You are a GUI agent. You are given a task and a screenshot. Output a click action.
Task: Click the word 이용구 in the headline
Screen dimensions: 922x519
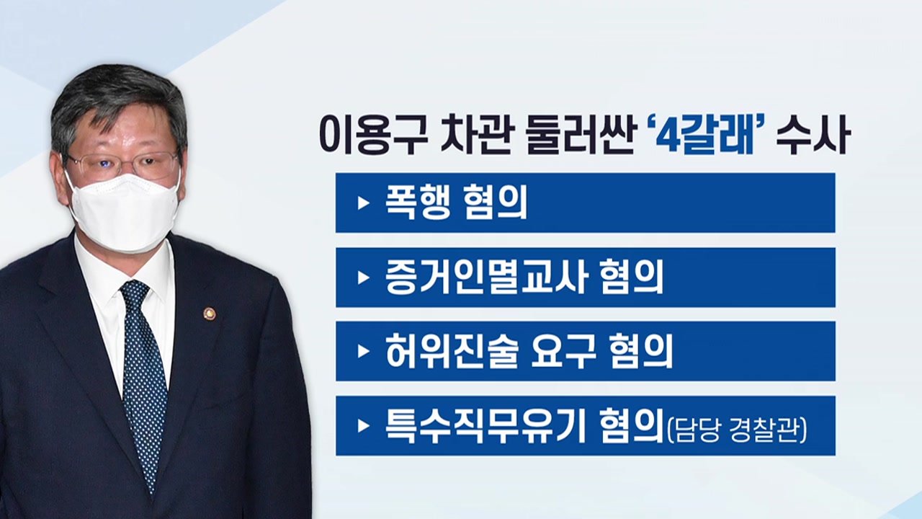tap(367, 135)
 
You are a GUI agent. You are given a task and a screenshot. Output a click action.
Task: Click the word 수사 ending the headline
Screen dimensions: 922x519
tap(813, 135)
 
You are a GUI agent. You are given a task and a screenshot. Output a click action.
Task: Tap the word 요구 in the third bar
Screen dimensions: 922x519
tap(563, 351)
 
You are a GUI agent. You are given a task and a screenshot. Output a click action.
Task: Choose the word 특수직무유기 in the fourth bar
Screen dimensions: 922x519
tap(485, 425)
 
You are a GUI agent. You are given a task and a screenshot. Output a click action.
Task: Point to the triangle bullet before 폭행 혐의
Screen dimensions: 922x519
tap(363, 203)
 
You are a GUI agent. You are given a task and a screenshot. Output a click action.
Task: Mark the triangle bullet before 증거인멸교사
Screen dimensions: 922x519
tap(363, 278)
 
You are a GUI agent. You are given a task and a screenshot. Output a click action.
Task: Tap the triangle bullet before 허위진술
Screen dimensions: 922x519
tap(363, 351)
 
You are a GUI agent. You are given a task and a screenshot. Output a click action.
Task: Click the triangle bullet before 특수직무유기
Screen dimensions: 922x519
tap(363, 425)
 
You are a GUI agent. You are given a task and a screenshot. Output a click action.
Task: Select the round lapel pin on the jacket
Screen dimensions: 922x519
tap(210, 314)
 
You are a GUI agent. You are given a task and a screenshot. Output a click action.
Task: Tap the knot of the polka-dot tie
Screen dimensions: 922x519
tap(135, 293)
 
